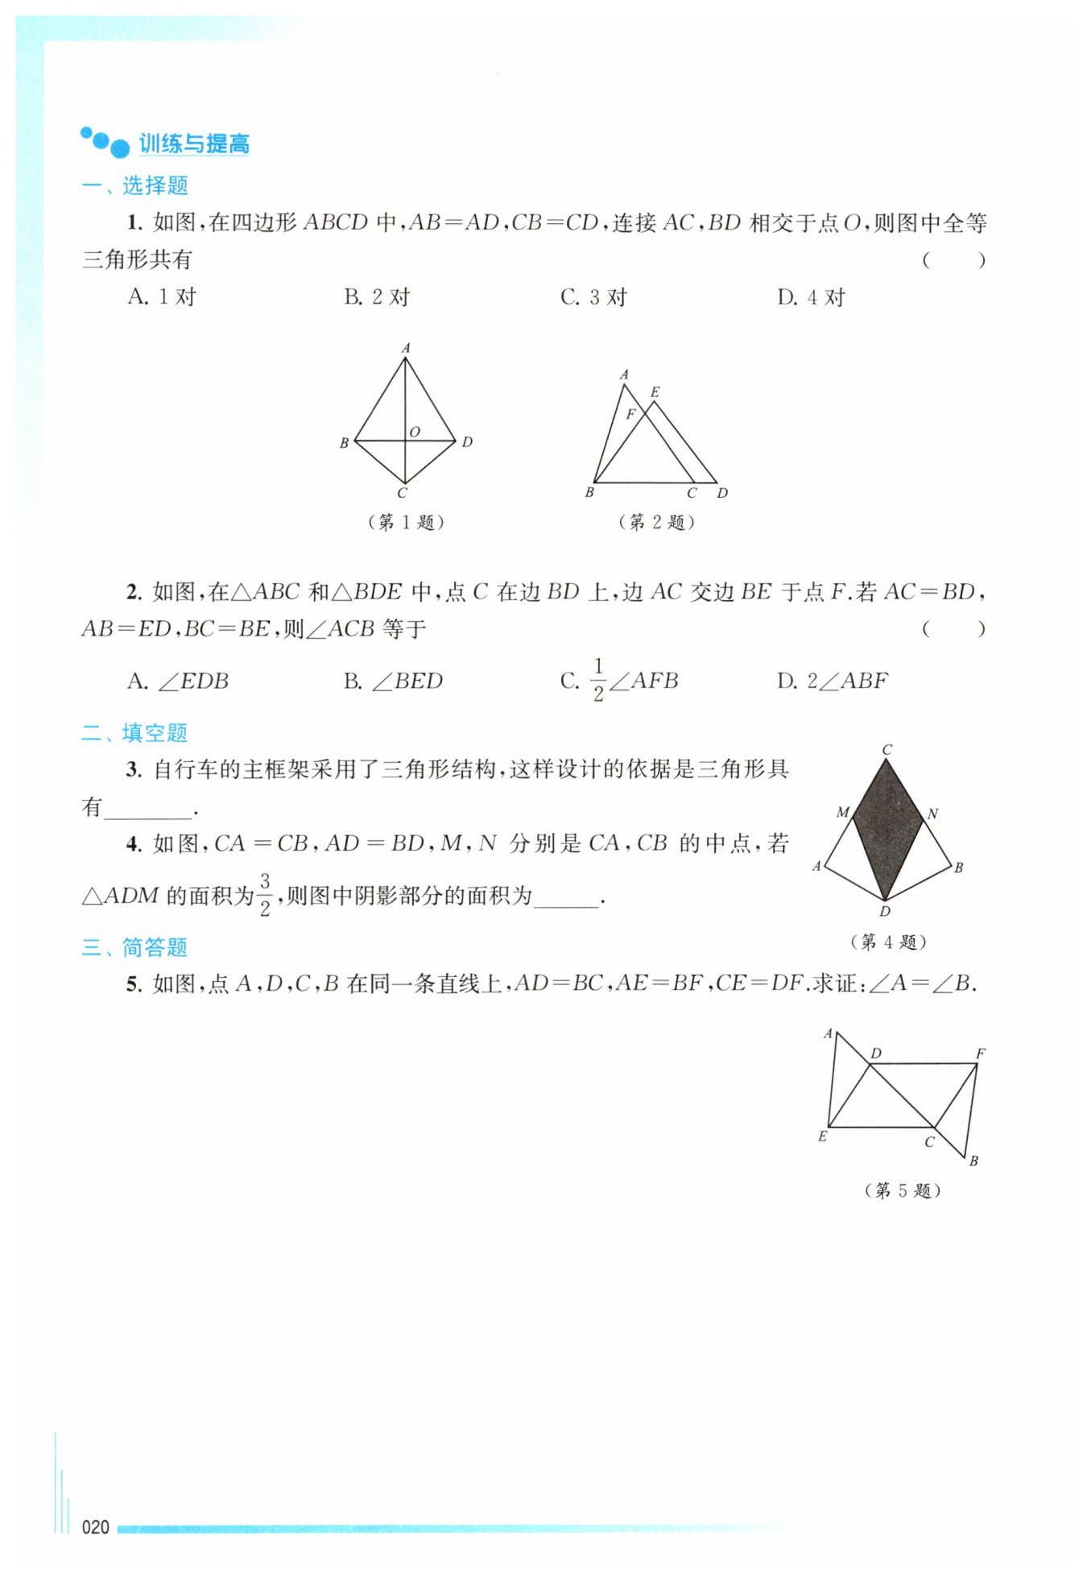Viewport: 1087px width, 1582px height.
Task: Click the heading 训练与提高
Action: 193,143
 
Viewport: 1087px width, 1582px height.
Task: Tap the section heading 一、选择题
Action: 135,185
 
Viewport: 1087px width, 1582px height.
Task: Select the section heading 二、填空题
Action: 135,732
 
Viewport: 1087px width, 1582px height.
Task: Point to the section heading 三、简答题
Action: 135,946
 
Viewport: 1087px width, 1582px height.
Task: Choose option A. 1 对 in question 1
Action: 162,297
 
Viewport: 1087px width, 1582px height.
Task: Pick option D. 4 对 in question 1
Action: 811,297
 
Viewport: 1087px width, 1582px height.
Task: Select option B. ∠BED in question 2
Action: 394,681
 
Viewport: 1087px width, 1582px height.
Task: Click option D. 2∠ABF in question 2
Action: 832,681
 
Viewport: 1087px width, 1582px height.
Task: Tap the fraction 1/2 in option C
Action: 598,681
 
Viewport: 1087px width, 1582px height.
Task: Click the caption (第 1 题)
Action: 406,522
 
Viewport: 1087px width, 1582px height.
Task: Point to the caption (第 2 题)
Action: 656,522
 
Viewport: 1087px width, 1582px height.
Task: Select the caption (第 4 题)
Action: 888,942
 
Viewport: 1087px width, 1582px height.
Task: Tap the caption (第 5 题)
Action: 903,1191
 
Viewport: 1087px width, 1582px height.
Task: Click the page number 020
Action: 95,1526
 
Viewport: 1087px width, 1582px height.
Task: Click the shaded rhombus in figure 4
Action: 887,830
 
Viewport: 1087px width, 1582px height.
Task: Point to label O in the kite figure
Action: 415,432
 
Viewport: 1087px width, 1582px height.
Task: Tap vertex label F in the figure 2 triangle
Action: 630,414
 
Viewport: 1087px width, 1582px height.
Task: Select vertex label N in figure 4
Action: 932,814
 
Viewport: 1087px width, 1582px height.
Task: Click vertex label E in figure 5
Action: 822,1137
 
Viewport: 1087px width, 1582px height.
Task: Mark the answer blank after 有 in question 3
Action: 149,808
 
